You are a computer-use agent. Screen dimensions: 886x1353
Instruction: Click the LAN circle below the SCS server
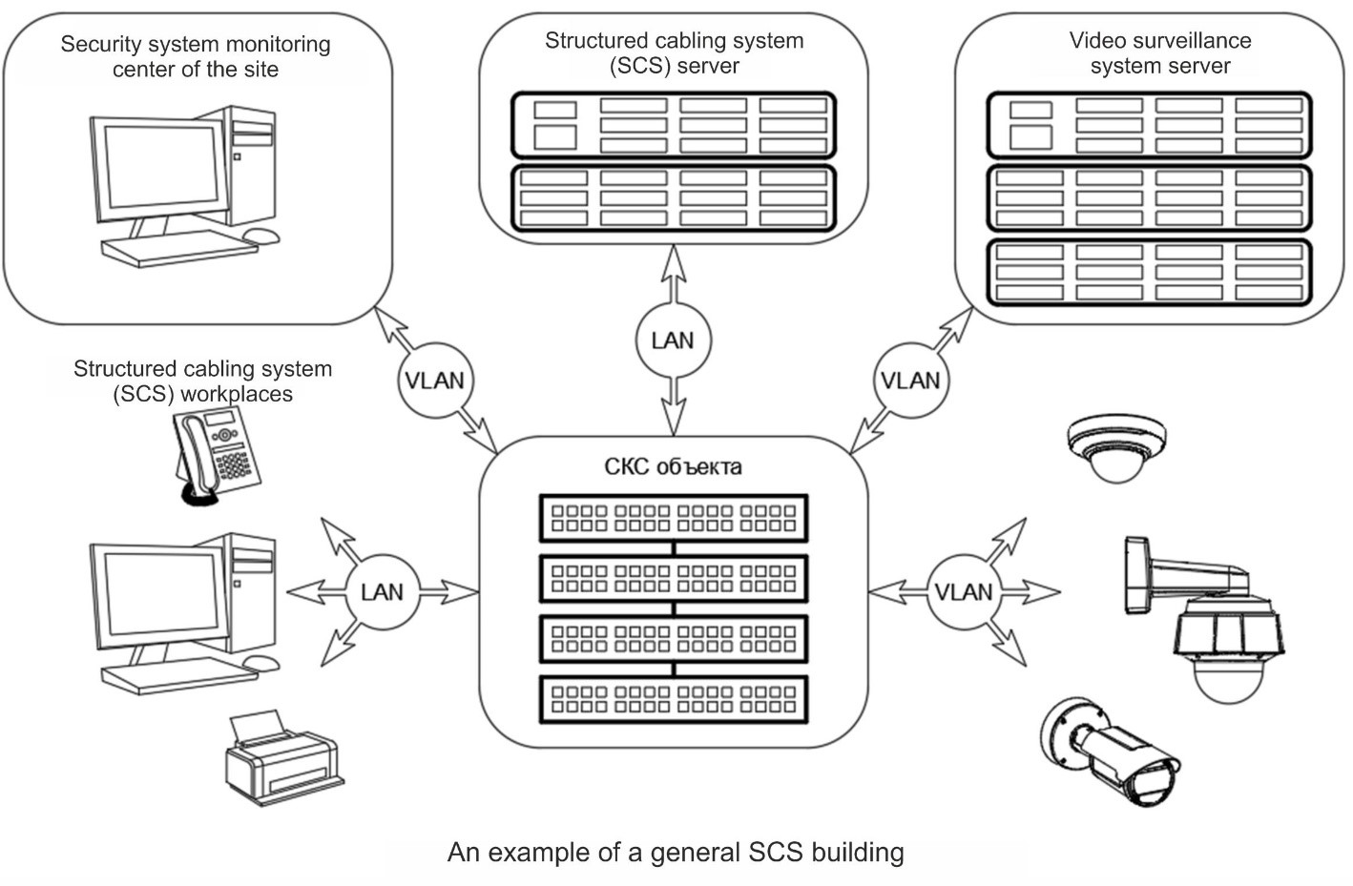pyautogui.click(x=673, y=340)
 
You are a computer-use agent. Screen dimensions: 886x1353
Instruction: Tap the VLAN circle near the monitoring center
pyautogui.click(x=434, y=381)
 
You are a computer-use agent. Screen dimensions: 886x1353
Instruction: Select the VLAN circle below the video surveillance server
pyautogui.click(x=910, y=381)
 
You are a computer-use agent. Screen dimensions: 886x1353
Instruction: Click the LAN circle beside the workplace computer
pyautogui.click(x=382, y=592)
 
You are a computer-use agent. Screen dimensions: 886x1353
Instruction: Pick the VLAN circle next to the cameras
pyautogui.click(x=963, y=592)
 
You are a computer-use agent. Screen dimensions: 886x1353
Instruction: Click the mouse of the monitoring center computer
pyautogui.click(x=260, y=235)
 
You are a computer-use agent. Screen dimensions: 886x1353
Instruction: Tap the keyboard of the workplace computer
pyautogui.click(x=179, y=677)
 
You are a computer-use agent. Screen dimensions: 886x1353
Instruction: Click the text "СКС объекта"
pyautogui.click(x=673, y=467)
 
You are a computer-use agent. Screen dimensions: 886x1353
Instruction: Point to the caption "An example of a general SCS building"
pyautogui.click(x=676, y=852)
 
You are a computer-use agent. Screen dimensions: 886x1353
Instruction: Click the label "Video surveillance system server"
pyautogui.click(x=1159, y=53)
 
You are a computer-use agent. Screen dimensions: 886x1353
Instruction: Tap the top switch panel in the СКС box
pyautogui.click(x=674, y=518)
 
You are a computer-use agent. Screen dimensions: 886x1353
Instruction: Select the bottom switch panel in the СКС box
pyautogui.click(x=674, y=699)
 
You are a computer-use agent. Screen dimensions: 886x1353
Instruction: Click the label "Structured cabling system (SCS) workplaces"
pyautogui.click(x=202, y=381)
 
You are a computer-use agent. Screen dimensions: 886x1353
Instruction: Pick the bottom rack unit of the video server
pyautogui.click(x=1149, y=273)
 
